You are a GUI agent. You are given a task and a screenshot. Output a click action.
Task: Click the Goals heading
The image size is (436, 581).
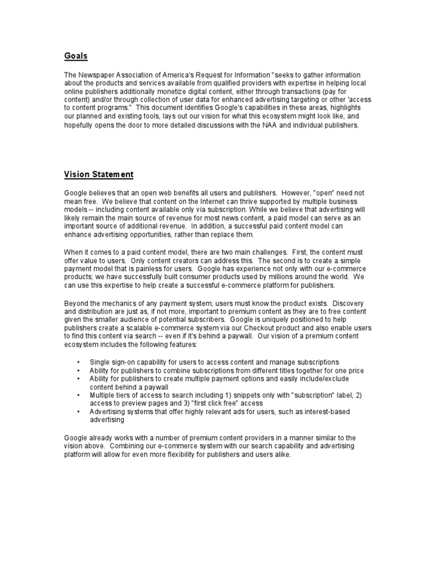tap(76, 56)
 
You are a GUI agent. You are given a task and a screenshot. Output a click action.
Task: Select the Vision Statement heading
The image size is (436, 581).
tap(99, 174)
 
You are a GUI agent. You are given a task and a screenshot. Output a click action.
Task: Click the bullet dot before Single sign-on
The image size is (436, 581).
tap(78, 361)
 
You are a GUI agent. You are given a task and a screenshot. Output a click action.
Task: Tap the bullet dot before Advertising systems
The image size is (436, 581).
tap(78, 411)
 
